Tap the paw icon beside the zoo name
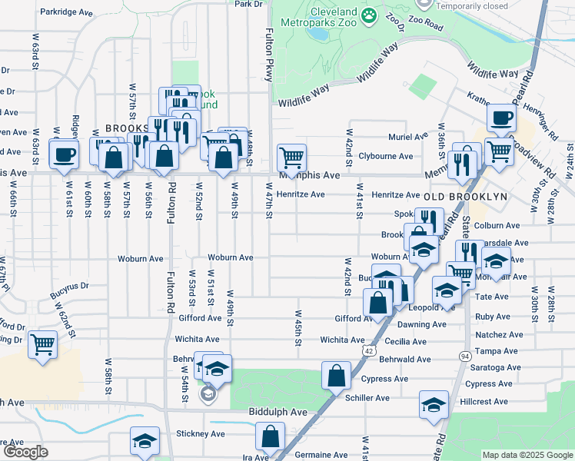(370, 14)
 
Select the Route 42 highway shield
(371, 350)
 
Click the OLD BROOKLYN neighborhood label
(466, 197)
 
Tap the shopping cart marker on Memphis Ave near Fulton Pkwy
(291, 158)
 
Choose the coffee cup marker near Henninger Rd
(501, 118)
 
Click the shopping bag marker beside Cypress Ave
(337, 376)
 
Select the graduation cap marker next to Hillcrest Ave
(434, 404)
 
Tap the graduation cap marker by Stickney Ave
(144, 441)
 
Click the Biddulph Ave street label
(278, 413)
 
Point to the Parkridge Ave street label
(67, 12)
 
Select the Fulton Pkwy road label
(269, 46)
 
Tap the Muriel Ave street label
(408, 137)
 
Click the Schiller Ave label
(369, 398)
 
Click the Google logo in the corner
(25, 452)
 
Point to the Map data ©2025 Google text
(527, 455)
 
